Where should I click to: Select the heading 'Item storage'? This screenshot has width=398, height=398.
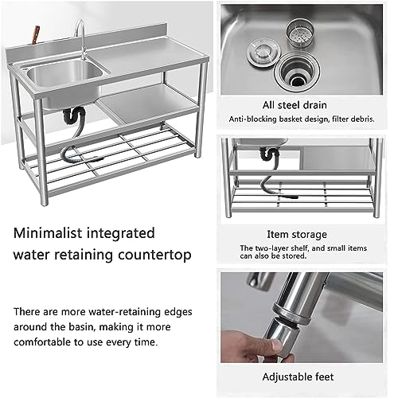296,235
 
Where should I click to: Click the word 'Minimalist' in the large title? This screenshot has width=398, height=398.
49,235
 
